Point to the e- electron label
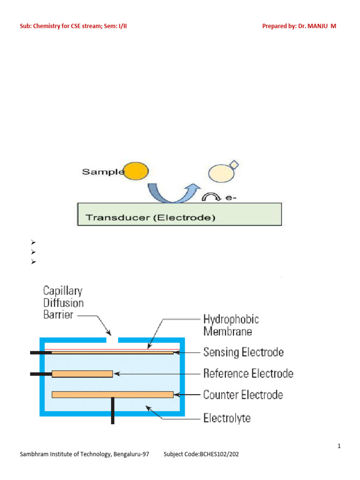point(230,198)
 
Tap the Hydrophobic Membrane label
point(231,325)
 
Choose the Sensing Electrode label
point(243,352)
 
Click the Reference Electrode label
point(248,374)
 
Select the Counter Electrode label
point(243,395)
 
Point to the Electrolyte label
point(227,418)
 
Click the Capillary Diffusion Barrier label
point(65,303)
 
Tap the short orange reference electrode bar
point(82,374)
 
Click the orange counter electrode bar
point(112,395)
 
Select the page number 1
point(339,446)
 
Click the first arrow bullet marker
point(33,243)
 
